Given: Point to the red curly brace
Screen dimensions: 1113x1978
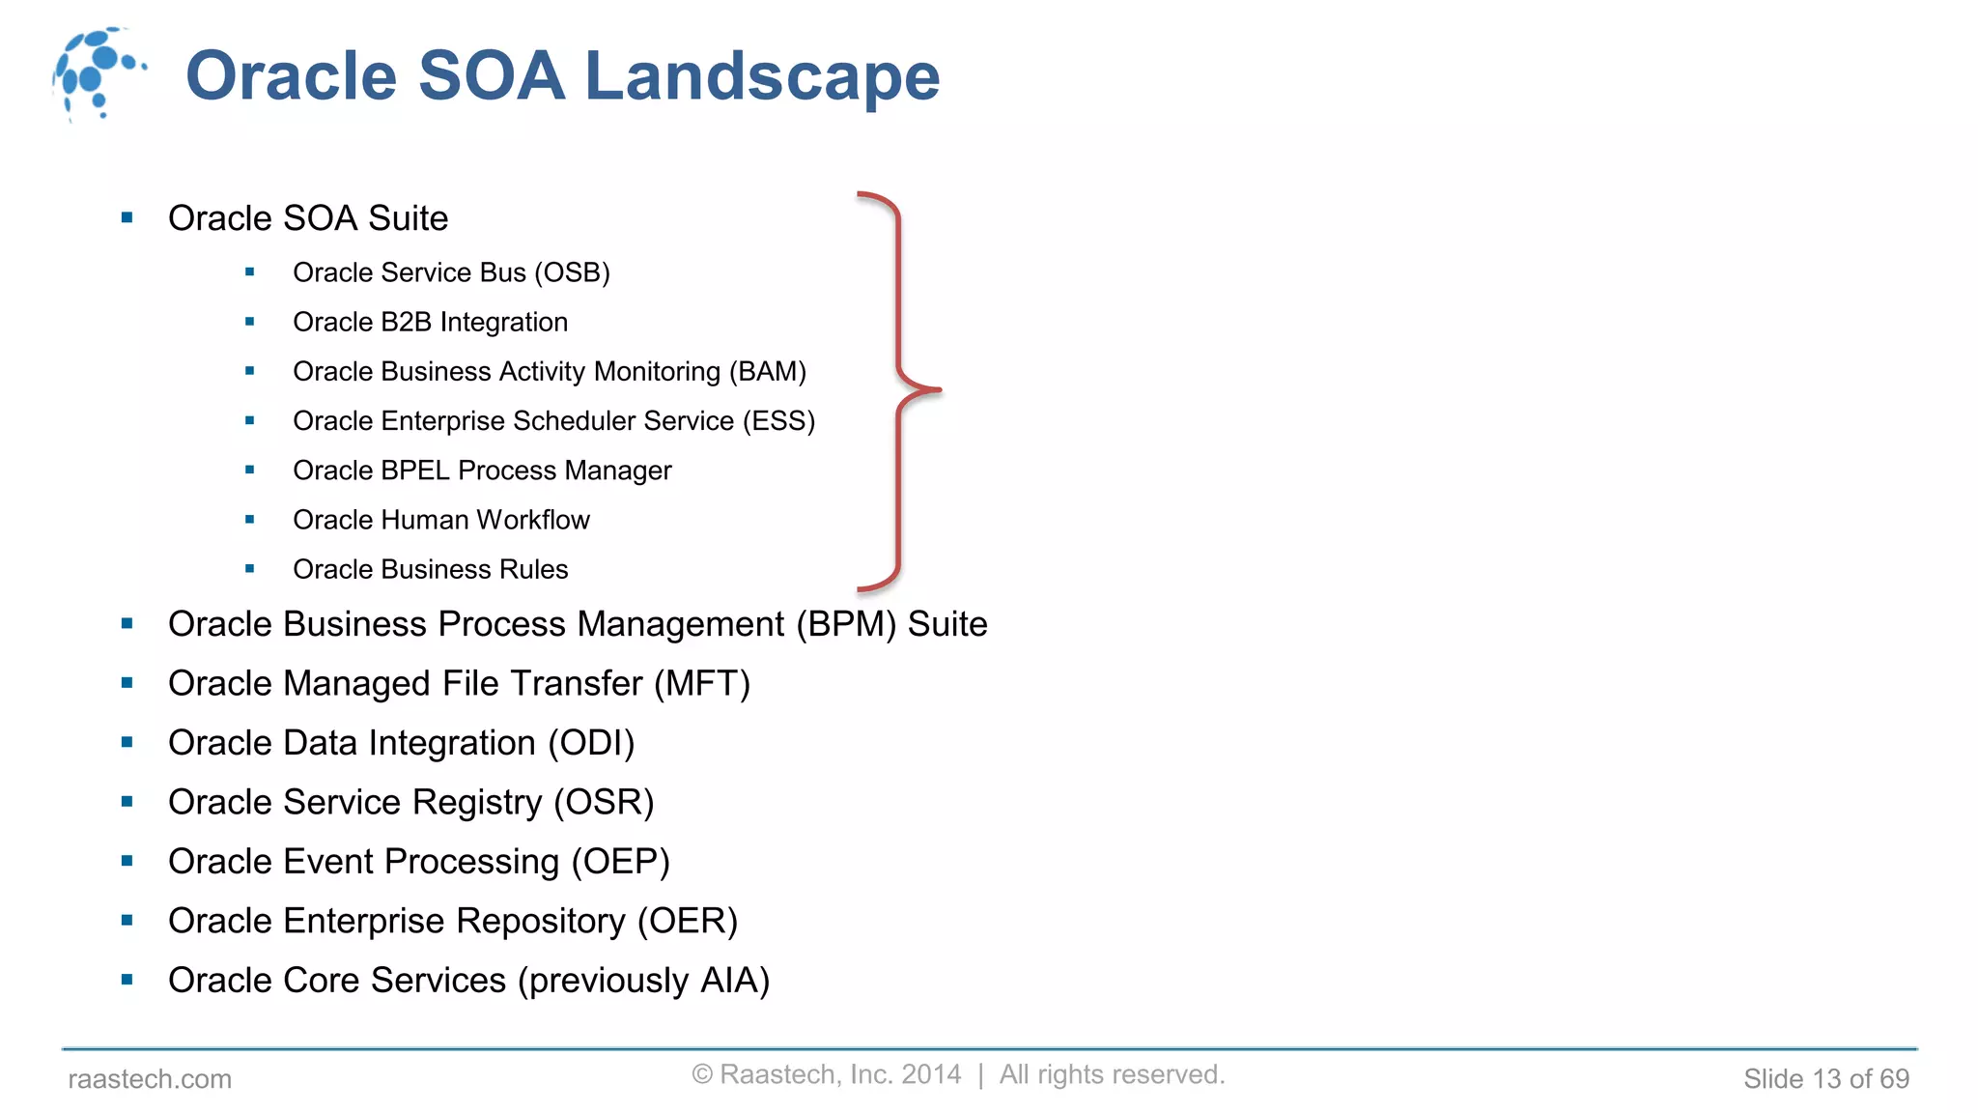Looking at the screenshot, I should [898, 390].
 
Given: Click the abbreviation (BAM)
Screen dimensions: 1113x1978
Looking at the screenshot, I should [768, 372].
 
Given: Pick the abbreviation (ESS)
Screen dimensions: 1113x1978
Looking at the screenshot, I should [778, 421].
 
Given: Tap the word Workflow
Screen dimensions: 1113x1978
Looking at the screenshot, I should [533, 520].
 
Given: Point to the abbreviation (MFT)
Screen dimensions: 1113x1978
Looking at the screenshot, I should [702, 684].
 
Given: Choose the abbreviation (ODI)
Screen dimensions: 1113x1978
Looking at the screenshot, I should [591, 744].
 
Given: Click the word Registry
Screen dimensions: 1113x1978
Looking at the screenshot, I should [477, 803].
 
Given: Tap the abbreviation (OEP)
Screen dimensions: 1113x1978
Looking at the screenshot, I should [620, 862].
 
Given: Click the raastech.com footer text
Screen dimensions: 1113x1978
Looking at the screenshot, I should [150, 1079].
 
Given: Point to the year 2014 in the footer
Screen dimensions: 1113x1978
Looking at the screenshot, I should [931, 1074].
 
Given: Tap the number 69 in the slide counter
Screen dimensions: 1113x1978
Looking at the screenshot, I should [1894, 1079].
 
